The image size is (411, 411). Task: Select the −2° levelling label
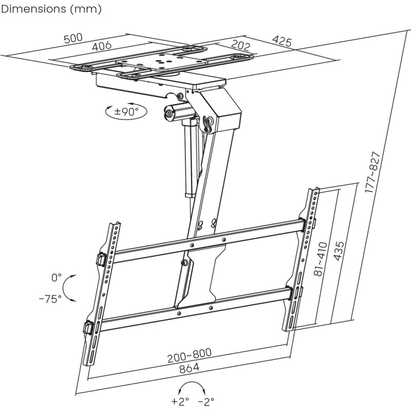(207, 401)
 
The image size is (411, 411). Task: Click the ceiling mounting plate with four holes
(163, 61)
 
